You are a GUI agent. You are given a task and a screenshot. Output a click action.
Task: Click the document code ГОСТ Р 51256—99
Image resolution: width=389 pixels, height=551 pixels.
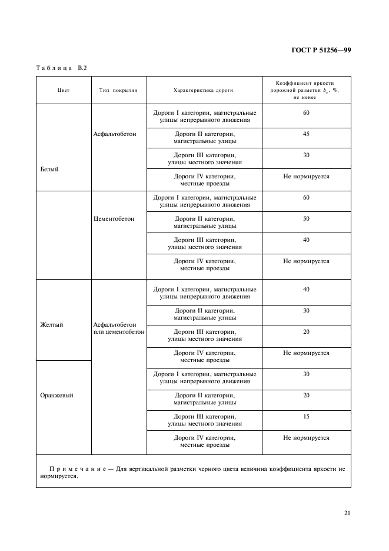click(x=321, y=50)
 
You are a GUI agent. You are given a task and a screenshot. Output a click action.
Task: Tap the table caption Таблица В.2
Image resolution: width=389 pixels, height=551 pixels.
click(x=62, y=68)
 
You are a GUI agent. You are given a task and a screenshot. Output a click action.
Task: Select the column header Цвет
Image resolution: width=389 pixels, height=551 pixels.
click(x=64, y=91)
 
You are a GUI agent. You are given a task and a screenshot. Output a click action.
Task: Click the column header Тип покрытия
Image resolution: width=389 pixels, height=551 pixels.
click(x=118, y=91)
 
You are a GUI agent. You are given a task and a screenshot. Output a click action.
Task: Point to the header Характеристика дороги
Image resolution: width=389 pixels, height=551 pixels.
click(x=204, y=91)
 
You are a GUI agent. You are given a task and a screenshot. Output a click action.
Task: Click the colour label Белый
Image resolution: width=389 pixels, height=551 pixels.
click(x=49, y=169)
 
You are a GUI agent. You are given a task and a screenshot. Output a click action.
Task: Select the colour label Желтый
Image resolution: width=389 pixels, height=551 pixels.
click(x=51, y=324)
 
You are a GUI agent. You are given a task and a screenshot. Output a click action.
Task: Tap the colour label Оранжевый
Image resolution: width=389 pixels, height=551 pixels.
click(x=56, y=395)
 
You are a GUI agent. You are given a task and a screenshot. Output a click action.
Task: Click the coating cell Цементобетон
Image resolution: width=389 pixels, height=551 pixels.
click(x=114, y=218)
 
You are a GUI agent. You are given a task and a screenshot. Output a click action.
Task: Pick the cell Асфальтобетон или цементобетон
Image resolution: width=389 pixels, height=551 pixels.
click(x=118, y=328)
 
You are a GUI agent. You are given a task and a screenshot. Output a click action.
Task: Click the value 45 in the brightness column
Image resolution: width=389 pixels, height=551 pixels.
click(x=306, y=134)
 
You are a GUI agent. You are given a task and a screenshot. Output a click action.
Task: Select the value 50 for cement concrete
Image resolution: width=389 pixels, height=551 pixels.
click(x=306, y=218)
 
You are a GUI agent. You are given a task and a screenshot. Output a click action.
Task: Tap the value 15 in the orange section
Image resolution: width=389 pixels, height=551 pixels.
click(x=306, y=416)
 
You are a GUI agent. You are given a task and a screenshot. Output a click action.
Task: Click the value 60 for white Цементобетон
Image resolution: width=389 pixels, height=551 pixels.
click(x=306, y=197)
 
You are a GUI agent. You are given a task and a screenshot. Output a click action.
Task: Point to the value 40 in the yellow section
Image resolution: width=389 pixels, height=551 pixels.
click(x=306, y=289)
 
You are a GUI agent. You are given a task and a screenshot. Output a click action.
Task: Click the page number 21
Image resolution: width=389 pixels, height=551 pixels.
click(x=347, y=513)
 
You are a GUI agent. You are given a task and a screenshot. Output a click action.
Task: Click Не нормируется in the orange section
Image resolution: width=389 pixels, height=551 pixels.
click(x=306, y=437)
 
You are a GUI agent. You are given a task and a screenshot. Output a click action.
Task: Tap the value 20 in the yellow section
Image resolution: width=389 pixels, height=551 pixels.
click(x=306, y=331)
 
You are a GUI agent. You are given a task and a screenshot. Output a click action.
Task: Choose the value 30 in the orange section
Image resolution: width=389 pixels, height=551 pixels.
click(x=306, y=374)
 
